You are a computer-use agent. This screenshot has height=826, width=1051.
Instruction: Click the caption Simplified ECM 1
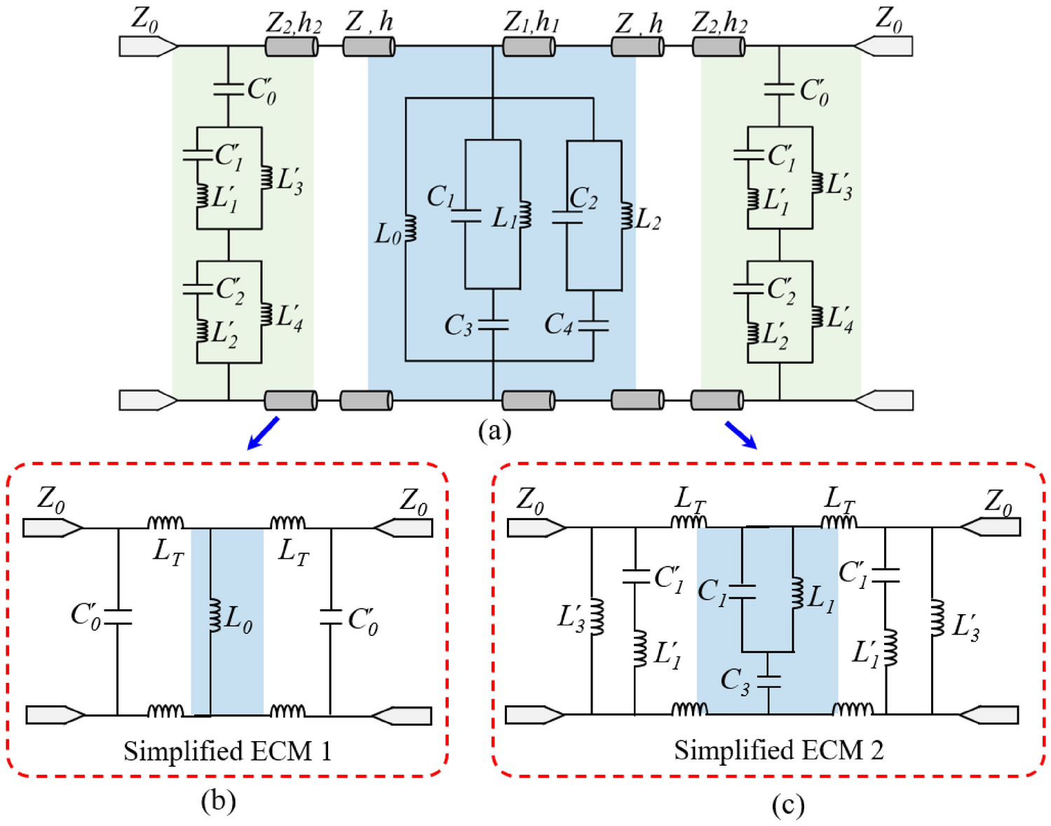click(x=227, y=751)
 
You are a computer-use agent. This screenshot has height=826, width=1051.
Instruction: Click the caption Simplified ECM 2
click(x=778, y=750)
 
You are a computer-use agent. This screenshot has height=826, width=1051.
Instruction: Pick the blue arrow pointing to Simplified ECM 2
click(x=740, y=434)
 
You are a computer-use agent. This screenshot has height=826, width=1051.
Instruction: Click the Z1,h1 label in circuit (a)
click(x=531, y=23)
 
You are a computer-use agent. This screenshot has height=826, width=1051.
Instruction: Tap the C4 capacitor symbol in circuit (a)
click(x=593, y=325)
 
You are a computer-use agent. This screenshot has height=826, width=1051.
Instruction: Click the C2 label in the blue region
click(x=583, y=198)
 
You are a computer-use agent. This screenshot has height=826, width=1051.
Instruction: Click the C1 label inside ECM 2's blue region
click(x=712, y=591)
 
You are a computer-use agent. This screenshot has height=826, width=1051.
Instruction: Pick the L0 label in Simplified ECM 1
click(x=239, y=621)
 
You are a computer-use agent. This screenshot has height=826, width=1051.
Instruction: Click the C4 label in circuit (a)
click(x=559, y=324)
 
